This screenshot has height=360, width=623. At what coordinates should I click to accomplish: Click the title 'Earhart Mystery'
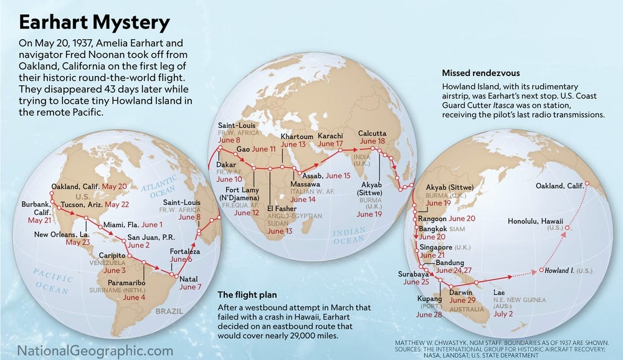pyautogui.click(x=93, y=22)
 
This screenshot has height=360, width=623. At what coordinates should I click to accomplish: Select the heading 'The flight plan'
pyautogui.click(x=248, y=295)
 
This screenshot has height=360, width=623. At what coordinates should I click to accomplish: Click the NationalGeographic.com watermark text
pyautogui.click(x=95, y=350)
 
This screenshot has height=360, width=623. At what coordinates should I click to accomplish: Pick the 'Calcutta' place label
pyautogui.click(x=373, y=133)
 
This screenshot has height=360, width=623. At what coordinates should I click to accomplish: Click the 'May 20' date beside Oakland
pyautogui.click(x=114, y=186)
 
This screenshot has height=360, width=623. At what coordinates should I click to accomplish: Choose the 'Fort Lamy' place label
pyautogui.click(x=240, y=189)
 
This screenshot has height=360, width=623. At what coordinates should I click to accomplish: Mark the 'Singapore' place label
pyautogui.click(x=435, y=247)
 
